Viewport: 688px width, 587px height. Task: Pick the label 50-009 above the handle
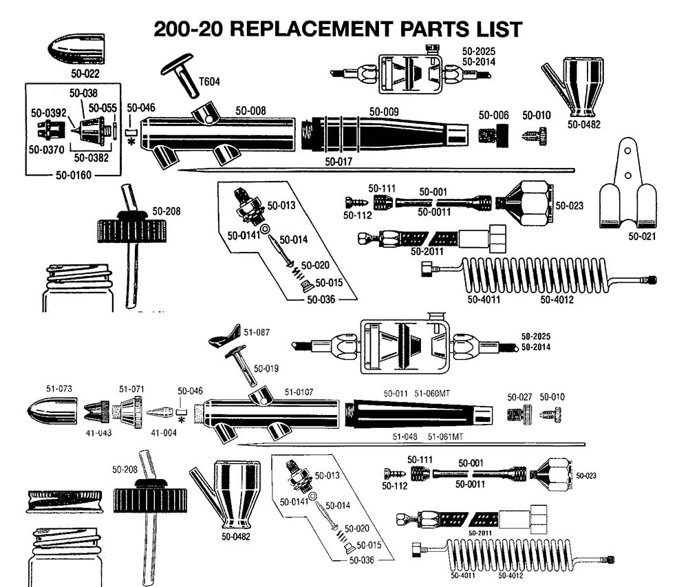[384, 111]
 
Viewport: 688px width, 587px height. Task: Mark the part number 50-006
[493, 115]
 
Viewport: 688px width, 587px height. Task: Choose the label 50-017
[339, 162]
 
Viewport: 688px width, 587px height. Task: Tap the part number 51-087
[257, 332]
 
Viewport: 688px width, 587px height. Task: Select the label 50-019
[266, 368]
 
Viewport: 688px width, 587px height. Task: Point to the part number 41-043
[99, 434]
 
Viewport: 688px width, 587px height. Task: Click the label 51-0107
[299, 392]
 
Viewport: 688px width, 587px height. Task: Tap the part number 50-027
[520, 397]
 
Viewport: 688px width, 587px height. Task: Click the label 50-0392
[47, 112]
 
